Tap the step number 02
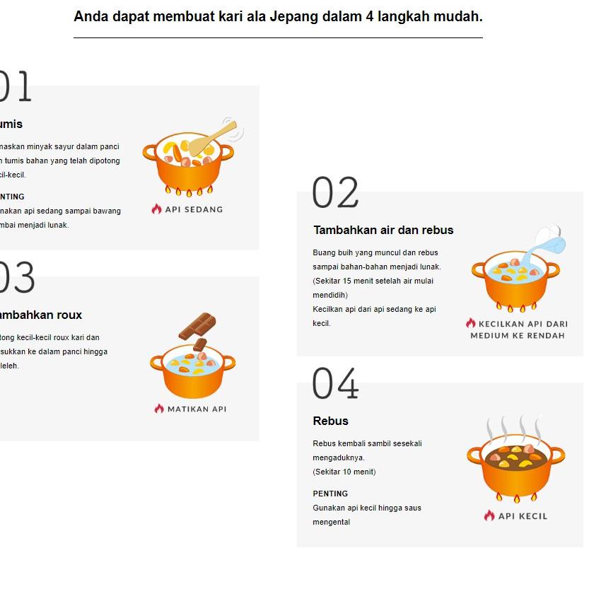click(x=335, y=193)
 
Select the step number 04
click(x=335, y=384)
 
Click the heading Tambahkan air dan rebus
click(x=383, y=230)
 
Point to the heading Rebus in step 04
click(x=331, y=421)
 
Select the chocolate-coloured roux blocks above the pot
click(x=197, y=326)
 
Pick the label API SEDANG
click(x=194, y=209)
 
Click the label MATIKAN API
click(x=197, y=409)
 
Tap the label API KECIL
click(x=523, y=516)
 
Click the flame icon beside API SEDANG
click(x=157, y=209)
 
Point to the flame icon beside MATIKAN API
click(x=159, y=409)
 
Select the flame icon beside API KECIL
click(x=489, y=515)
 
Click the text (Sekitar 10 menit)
click(x=344, y=472)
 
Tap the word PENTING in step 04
click(x=330, y=494)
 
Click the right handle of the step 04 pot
click(x=557, y=454)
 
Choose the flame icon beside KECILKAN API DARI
click(x=471, y=323)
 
